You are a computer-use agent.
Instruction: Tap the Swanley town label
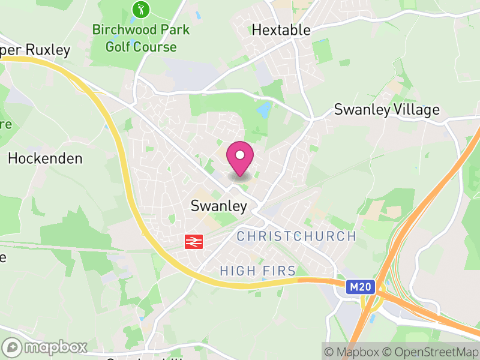coord(218,206)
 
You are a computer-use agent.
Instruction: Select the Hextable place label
coord(281,30)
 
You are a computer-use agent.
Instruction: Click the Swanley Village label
coord(386,110)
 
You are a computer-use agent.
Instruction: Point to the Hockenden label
coord(45,158)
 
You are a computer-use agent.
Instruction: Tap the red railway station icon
coord(193,241)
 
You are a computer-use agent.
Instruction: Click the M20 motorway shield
coord(361,288)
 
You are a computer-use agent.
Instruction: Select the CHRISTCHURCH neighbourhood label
coord(296,236)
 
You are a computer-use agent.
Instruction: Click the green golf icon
coord(140,10)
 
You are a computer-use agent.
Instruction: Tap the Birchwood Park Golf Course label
coord(141,38)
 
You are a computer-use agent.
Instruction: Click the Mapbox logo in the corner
coord(45,347)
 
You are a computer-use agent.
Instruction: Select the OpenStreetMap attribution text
coord(430,352)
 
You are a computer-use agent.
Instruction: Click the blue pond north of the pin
coord(263,110)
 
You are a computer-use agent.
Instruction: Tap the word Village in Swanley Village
coord(415,110)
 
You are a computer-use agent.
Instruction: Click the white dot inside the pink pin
coord(240,155)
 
